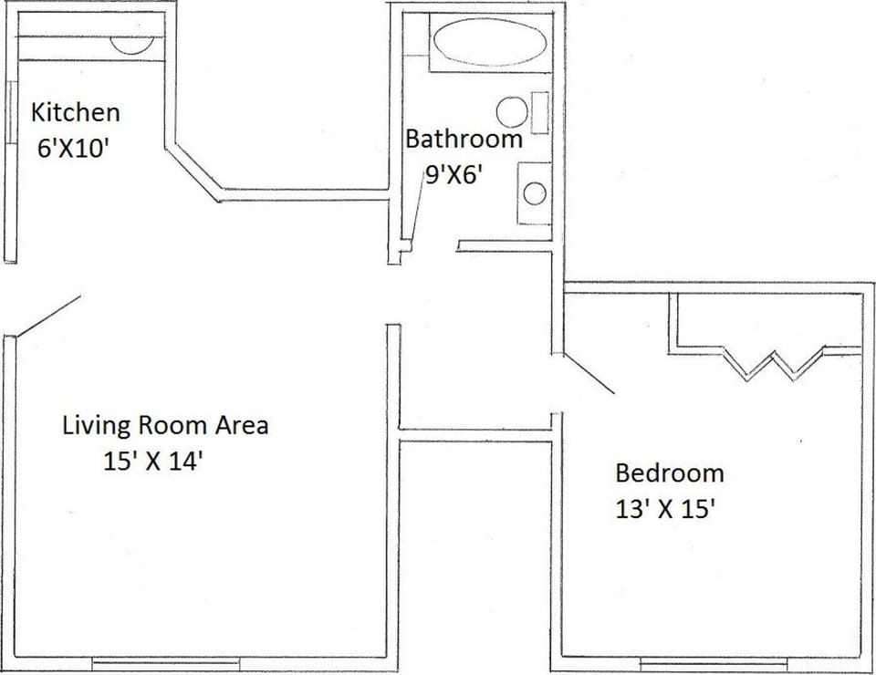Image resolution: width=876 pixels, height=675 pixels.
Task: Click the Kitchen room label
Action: (x=75, y=114)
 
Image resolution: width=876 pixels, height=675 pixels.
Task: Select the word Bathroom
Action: (x=464, y=140)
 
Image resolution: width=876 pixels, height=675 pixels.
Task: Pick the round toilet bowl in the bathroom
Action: (x=512, y=112)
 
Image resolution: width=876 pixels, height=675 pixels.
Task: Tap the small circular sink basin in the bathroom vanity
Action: (x=535, y=192)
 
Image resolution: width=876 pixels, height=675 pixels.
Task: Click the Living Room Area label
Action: (x=165, y=425)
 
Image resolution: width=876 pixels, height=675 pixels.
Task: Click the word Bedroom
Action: (x=669, y=473)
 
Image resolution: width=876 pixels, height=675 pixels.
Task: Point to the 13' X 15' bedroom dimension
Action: (x=664, y=509)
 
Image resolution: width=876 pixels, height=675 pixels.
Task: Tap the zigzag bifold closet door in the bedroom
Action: (x=774, y=363)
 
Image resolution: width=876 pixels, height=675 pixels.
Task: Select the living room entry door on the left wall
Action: (x=47, y=315)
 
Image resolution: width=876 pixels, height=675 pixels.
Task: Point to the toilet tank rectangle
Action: (x=540, y=112)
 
